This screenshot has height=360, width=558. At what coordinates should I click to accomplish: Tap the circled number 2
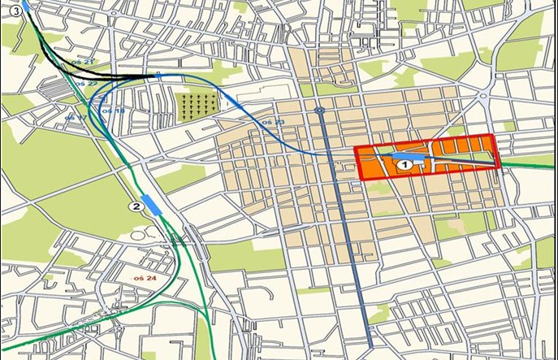coord(136,207)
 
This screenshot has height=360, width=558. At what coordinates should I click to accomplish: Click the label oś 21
coord(82,63)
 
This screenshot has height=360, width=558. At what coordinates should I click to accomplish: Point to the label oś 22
coord(84,84)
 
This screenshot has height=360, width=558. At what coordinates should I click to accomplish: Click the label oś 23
coord(275,122)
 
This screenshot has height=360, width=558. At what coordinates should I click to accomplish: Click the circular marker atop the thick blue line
coord(320,111)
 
